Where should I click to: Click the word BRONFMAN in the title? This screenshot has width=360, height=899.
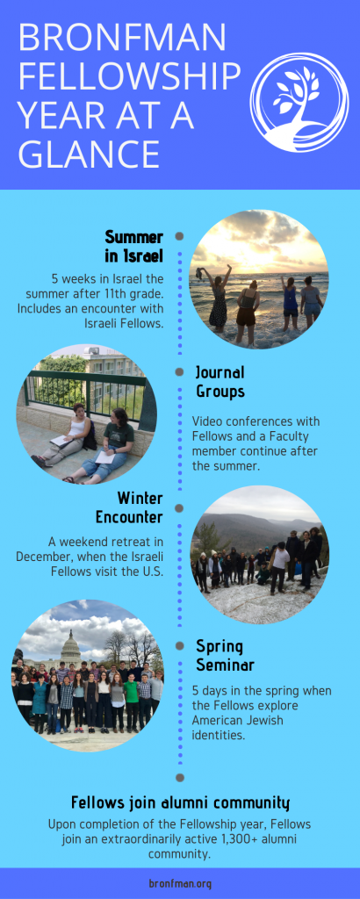click(x=122, y=38)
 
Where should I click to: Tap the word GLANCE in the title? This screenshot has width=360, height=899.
click(x=89, y=154)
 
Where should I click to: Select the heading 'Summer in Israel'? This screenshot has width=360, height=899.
click(x=134, y=247)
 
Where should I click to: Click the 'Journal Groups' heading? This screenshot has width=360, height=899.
click(x=220, y=382)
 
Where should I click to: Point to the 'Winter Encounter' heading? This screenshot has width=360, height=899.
click(x=129, y=507)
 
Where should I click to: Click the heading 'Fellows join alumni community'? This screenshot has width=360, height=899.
click(x=180, y=802)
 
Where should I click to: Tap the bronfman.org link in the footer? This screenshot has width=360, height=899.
click(x=180, y=883)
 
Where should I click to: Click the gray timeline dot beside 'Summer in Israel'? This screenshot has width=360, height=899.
click(x=179, y=236)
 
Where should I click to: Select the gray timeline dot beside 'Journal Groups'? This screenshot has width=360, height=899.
click(x=179, y=372)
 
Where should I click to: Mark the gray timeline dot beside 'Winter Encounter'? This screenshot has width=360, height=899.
click(x=179, y=508)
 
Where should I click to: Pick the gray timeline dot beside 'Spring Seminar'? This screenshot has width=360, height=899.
click(x=179, y=645)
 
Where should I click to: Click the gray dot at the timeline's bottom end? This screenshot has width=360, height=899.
click(x=179, y=778)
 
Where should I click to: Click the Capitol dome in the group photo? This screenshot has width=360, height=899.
click(x=70, y=647)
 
